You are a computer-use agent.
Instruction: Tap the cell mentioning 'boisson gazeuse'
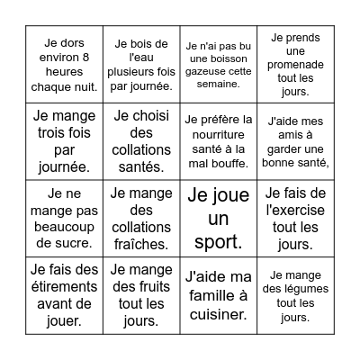pos(219,64)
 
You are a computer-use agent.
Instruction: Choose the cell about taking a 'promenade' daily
pos(296,64)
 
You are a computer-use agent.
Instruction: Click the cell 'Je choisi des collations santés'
pos(141,141)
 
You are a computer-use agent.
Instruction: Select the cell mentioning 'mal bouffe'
pos(219,141)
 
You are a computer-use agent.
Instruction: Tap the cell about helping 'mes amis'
pos(296,141)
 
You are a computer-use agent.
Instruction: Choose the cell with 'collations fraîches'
pos(141,218)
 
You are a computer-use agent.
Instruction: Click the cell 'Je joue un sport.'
pos(219,218)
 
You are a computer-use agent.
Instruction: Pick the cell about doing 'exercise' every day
pos(296,218)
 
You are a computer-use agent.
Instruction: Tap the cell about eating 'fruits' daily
pos(141,295)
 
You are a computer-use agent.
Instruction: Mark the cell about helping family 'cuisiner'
pos(219,295)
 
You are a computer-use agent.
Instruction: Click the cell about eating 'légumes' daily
pos(296,295)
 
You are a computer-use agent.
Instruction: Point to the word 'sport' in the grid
pos(219,242)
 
